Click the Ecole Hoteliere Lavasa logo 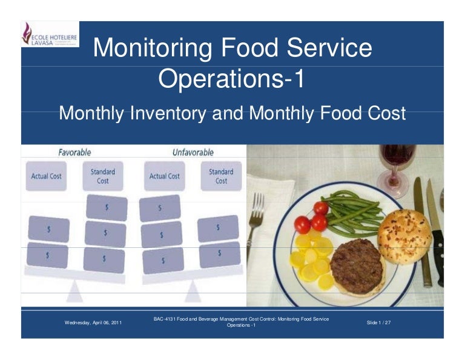coord(49,35)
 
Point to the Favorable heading coord(74,152)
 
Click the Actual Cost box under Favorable coord(47,176)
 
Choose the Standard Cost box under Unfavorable coord(221,176)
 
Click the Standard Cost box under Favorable coord(103,176)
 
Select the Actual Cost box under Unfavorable coord(165,176)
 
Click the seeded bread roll coord(404,236)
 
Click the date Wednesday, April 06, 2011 coord(93,322)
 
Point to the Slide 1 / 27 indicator coord(379,322)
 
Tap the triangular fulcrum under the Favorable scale coord(76,293)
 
